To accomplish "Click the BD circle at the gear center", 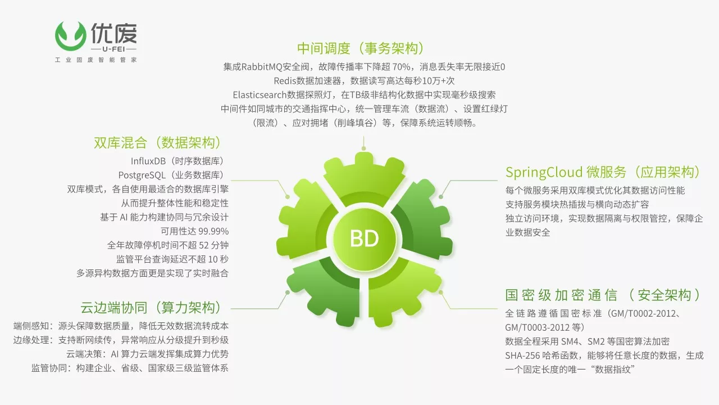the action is (365, 239).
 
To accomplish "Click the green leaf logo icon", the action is (71, 36).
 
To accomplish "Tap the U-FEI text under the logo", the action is (113, 49).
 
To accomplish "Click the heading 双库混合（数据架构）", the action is (158, 143).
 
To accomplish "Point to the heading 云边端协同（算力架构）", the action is (151, 308).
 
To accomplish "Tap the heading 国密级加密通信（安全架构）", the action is (603, 295).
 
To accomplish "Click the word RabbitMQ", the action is (262, 67).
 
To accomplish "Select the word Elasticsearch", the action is (260, 95).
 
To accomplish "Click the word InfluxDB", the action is (148, 161).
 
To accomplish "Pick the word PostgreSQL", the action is (142, 175).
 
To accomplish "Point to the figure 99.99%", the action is (213, 231).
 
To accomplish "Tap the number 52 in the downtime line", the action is (204, 246).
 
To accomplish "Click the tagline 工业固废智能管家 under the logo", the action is (95, 60).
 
